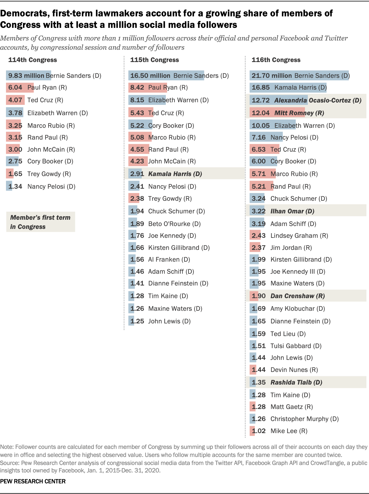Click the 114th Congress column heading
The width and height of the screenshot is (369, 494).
click(x=32, y=60)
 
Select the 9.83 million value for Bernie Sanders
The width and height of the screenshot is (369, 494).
click(x=26, y=76)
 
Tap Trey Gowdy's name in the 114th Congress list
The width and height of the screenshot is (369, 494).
click(x=49, y=174)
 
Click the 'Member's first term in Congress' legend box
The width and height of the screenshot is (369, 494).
click(x=41, y=222)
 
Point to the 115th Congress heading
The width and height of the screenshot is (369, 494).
click(x=154, y=60)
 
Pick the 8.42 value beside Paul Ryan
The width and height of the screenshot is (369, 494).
click(x=137, y=88)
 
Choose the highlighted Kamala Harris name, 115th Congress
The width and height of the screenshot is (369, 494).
click(x=175, y=174)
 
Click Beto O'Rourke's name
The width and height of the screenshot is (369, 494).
click(x=174, y=224)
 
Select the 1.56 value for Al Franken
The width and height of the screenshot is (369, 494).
click(x=137, y=260)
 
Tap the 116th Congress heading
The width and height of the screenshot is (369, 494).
click(x=276, y=60)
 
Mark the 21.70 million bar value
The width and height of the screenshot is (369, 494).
click(x=272, y=76)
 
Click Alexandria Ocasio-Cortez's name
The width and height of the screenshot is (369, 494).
click(x=318, y=101)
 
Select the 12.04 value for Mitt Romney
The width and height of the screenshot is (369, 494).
click(x=261, y=113)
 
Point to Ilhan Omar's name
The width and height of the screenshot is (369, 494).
click(x=292, y=211)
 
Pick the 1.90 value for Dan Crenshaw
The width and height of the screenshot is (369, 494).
click(x=259, y=296)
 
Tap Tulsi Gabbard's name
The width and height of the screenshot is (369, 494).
click(x=296, y=346)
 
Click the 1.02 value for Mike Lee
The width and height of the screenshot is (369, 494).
click(x=259, y=431)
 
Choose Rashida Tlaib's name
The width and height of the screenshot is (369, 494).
click(x=296, y=383)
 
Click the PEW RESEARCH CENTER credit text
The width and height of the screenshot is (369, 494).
click(x=33, y=481)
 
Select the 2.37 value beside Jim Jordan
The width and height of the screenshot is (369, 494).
click(x=259, y=248)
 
